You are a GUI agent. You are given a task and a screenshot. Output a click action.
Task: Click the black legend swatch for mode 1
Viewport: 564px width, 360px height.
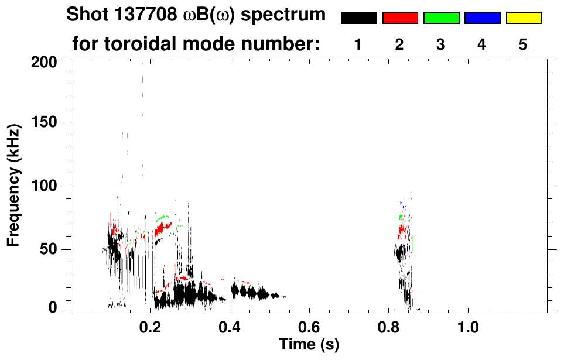click(359, 18)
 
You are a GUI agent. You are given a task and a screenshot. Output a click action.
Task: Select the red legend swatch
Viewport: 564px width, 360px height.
click(400, 18)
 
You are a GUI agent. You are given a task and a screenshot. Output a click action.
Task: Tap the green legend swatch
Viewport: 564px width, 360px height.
click(441, 18)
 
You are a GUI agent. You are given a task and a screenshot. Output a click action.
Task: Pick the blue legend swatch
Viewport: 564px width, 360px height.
click(482, 18)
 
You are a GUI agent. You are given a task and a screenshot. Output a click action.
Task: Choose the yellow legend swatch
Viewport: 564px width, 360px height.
click(523, 18)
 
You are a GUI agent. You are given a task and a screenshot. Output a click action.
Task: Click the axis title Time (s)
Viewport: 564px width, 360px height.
click(309, 344)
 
